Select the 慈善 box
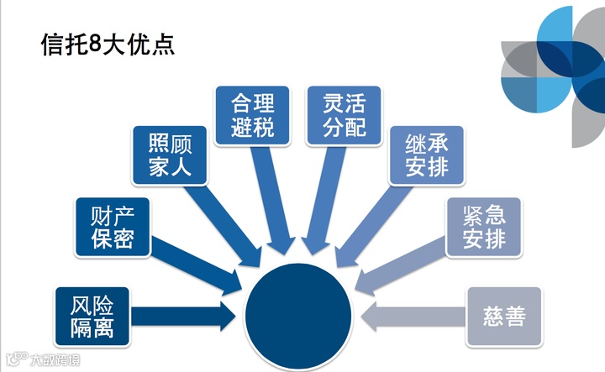pyautogui.click(x=504, y=316)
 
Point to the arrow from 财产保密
pyautogui.click(x=193, y=262)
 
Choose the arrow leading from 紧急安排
pyautogui.click(x=402, y=267)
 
